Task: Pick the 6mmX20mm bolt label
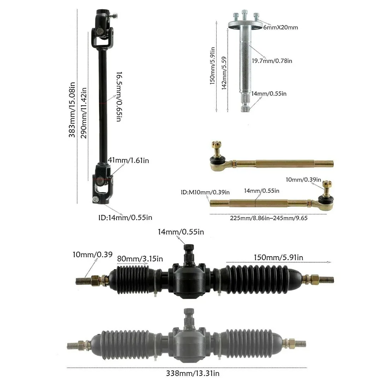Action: [x=281, y=27]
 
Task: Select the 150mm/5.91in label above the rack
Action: [x=278, y=257]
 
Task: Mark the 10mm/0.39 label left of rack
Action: [x=92, y=254]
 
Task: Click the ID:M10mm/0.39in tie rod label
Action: [x=205, y=192]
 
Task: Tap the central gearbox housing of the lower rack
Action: [x=188, y=340]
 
